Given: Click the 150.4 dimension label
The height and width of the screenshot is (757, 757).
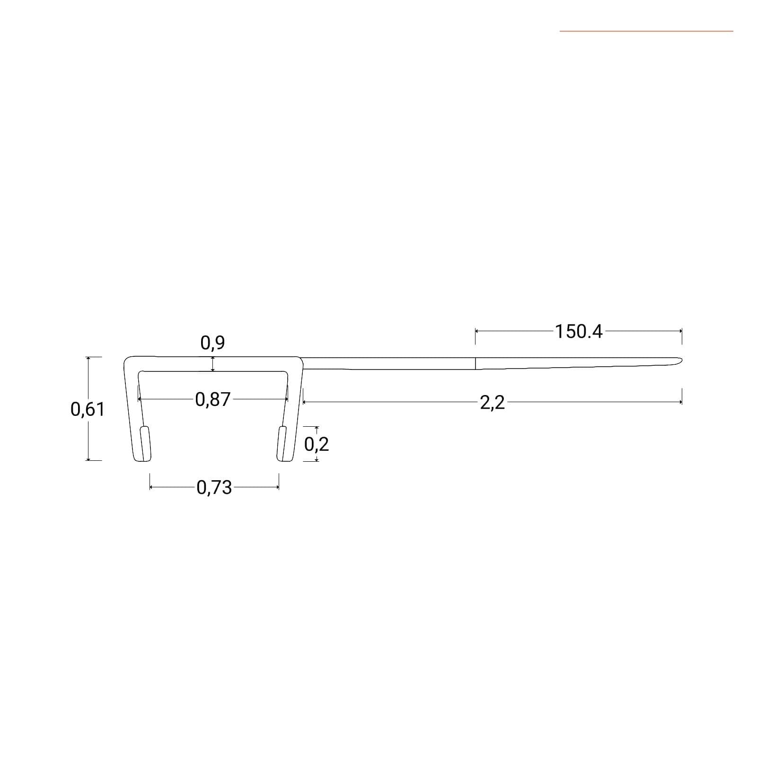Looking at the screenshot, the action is tap(579, 332).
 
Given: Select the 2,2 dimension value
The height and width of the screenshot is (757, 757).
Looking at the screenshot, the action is tap(492, 403).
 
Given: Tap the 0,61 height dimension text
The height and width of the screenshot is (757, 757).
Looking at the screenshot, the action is tap(88, 409).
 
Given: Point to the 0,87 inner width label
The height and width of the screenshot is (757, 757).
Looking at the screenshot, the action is tap(213, 400).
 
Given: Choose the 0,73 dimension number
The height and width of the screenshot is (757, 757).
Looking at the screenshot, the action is tap(214, 487).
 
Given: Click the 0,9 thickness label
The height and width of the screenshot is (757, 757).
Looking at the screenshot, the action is tap(213, 343).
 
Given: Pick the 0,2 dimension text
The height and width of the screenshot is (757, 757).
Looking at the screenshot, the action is tap(317, 444).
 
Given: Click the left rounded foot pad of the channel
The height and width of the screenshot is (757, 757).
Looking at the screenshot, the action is tap(146, 443).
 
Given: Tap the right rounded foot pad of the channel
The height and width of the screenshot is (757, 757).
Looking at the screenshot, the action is tap(282, 443).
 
